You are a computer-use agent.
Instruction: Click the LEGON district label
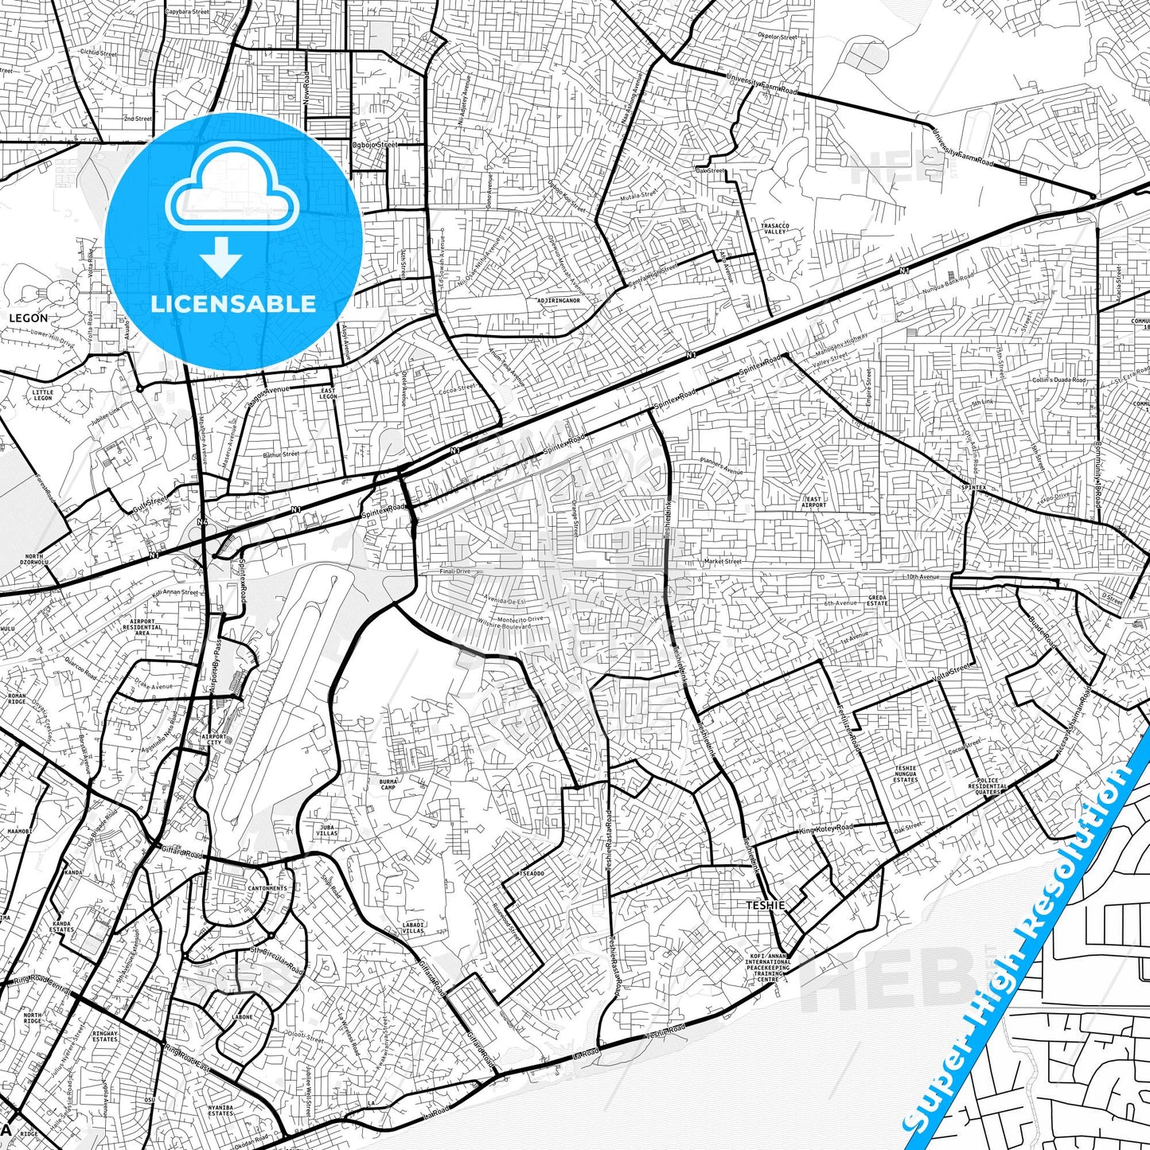(28, 318)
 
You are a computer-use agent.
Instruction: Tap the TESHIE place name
(765, 905)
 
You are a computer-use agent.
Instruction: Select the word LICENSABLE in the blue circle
(233, 303)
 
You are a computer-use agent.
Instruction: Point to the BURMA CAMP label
(388, 785)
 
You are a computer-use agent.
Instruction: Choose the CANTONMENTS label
(267, 888)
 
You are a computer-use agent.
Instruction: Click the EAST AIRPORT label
(813, 502)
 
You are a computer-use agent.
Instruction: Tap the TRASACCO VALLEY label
(774, 229)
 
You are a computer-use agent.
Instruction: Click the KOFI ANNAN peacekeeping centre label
(769, 967)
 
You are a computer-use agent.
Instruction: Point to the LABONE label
(242, 1016)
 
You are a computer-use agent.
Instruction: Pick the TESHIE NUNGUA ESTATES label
(906, 774)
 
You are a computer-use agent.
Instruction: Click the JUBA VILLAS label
(327, 830)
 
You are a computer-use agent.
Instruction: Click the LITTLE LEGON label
(42, 395)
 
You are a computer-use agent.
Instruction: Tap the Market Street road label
(722, 561)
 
